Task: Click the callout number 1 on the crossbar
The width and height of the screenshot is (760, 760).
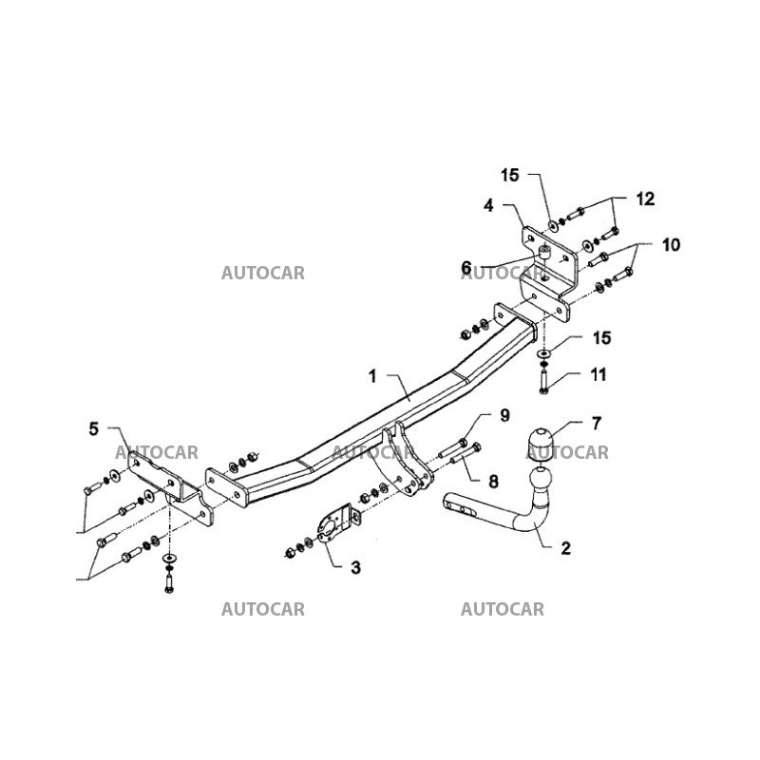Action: point(373,377)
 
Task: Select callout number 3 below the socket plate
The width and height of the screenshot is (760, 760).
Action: point(355,568)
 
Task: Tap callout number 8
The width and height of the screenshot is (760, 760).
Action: point(493,481)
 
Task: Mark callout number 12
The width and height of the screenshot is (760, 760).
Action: point(645,199)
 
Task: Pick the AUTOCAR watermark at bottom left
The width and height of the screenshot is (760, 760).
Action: point(263,609)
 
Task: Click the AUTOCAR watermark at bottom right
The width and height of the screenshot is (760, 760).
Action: point(503,609)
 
